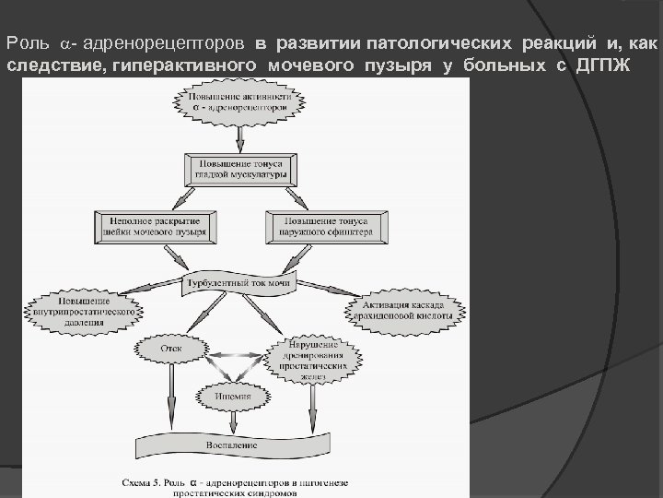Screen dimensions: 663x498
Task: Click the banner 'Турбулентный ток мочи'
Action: (x=240, y=283)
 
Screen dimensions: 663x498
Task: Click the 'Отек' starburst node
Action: (x=171, y=350)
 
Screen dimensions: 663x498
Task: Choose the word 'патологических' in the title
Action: (x=431, y=43)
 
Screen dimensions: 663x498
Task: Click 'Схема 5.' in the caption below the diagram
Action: (x=148, y=480)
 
